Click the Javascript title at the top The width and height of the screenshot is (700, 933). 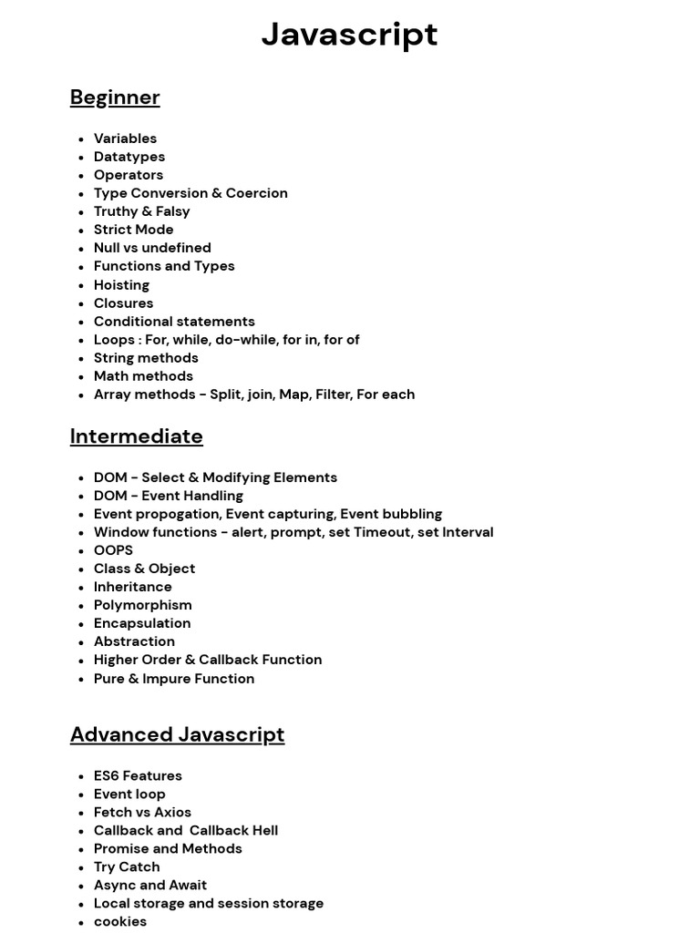(x=349, y=35)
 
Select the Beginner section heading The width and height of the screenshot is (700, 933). (x=115, y=97)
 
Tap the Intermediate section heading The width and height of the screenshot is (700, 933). (x=136, y=436)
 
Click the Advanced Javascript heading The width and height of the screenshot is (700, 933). (x=177, y=734)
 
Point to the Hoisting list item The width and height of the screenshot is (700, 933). (x=121, y=284)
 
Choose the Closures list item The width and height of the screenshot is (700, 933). (x=123, y=302)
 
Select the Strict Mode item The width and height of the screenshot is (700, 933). (x=133, y=230)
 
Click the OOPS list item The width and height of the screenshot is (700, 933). (x=113, y=550)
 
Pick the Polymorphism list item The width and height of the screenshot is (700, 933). (x=142, y=605)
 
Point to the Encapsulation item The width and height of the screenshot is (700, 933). (x=142, y=623)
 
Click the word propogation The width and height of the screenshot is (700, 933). (x=180, y=514)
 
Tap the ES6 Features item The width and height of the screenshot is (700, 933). (x=138, y=775)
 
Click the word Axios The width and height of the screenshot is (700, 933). (x=171, y=812)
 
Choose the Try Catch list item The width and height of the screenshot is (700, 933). (x=127, y=866)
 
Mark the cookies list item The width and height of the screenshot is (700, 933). (x=120, y=921)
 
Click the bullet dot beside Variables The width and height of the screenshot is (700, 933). (x=81, y=139)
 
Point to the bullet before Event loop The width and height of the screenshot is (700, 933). (x=81, y=795)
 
